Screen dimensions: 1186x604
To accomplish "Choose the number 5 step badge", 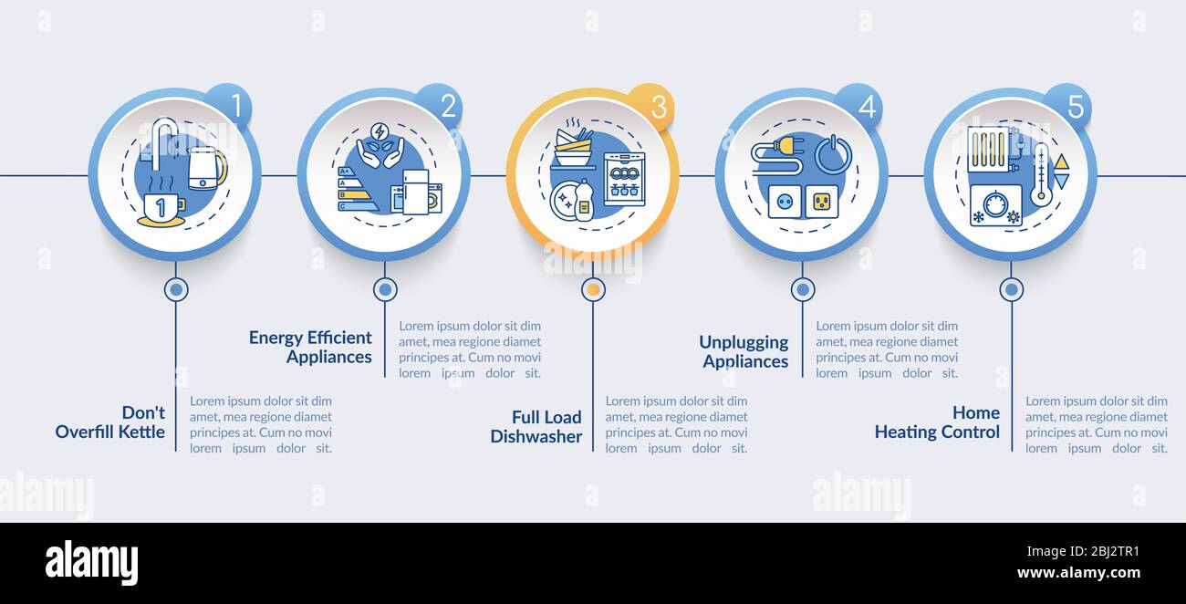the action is pyautogui.click(x=1069, y=106).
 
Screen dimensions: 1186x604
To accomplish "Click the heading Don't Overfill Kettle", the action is pyautogui.click(x=110, y=422).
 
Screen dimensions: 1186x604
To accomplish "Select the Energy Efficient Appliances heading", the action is pyautogui.click(x=310, y=348).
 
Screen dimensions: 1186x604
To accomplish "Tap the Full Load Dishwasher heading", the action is pyautogui.click(x=536, y=427).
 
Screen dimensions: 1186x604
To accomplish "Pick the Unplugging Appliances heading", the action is pyautogui.click(x=744, y=351).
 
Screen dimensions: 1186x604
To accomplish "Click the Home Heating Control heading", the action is pyautogui.click(x=937, y=422).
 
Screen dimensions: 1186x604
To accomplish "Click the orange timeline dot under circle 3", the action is pyautogui.click(x=594, y=289).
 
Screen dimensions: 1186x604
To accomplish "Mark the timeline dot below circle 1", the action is pyautogui.click(x=176, y=289).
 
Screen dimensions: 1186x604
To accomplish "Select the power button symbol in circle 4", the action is pyautogui.click(x=833, y=154).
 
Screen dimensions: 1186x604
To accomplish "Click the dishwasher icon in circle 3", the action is pyautogui.click(x=625, y=179).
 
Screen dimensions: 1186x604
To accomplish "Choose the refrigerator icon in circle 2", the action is pyautogui.click(x=416, y=192).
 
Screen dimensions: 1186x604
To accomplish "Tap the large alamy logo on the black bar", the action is pyautogui.click(x=91, y=562).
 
